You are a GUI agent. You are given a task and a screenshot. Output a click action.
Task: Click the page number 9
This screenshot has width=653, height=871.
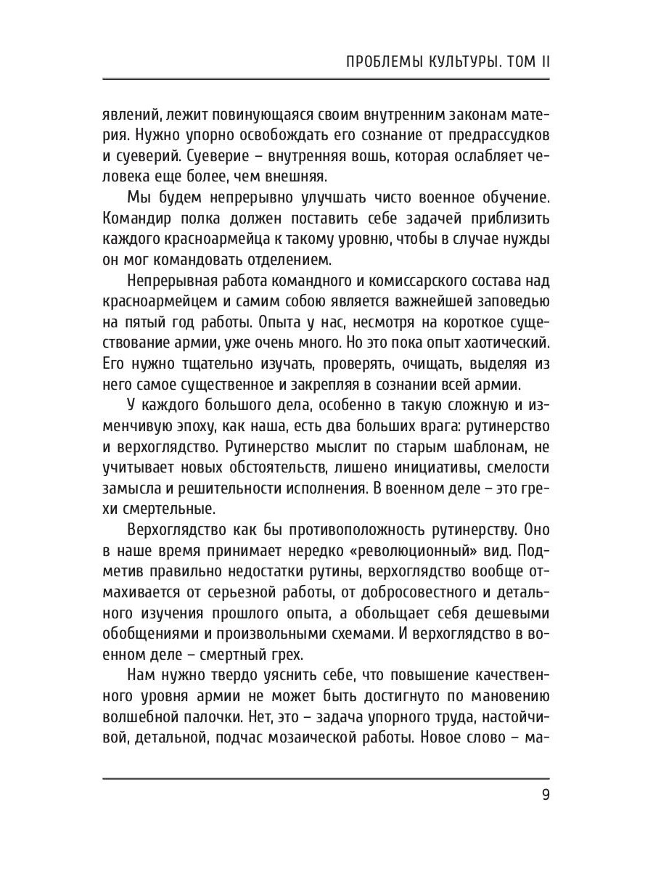[546, 794]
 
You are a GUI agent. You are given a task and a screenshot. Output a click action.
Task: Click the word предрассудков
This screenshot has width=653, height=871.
[494, 136]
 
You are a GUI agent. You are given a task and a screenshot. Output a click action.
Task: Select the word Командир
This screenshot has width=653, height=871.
[141, 219]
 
